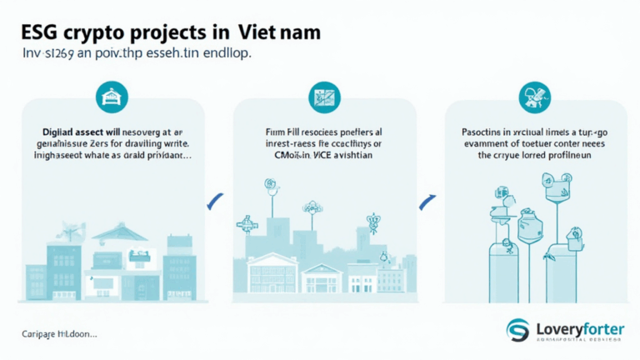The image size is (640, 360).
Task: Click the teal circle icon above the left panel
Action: [108, 98]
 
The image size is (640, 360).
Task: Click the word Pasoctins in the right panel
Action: [487, 132]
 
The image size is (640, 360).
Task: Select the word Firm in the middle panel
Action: [273, 132]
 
